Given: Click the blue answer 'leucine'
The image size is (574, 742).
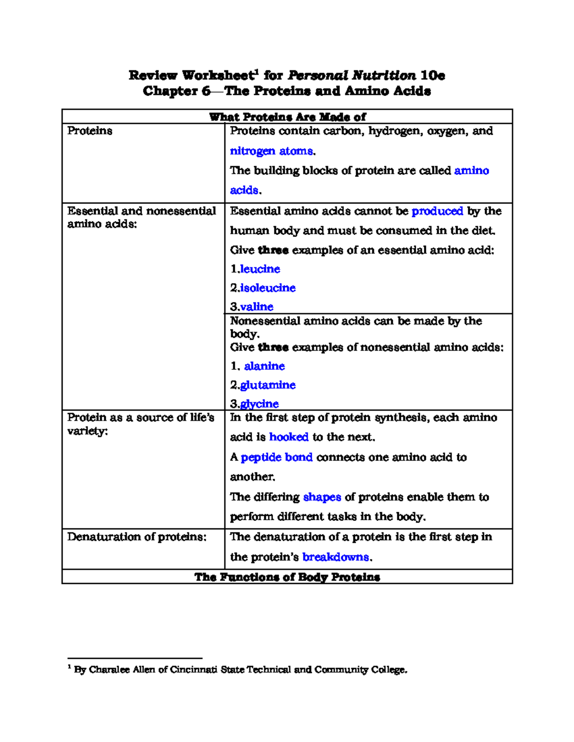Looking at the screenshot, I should coord(260,269).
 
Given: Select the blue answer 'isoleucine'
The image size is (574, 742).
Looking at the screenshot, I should coord(268,288).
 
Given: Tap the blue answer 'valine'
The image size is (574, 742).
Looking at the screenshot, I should coord(256,307).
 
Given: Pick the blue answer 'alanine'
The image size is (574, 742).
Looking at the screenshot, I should coord(264,366).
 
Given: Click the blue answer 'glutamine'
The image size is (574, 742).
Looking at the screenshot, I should coord(268,385).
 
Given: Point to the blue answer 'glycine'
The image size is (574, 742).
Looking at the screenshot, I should coord(259,404).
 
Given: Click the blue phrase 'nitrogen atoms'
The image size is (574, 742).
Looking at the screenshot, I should coord(271,151).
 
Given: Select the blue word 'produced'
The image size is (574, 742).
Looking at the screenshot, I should coord(437,211).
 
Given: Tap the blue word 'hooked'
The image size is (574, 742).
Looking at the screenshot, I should coord(288,437).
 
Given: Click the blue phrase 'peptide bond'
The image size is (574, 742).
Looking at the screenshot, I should coord(276,457).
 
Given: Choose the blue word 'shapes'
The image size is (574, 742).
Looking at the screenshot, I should coord(322,497).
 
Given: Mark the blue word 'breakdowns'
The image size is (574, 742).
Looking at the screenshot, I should coord(336,557).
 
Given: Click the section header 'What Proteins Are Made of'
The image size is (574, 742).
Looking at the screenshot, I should coord(287,117).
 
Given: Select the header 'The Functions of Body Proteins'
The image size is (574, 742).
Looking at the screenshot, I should coord(287,577).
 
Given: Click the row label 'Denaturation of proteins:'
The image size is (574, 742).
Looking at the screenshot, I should coord(137,537).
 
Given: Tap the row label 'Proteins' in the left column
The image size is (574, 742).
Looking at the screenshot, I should coord(90,131).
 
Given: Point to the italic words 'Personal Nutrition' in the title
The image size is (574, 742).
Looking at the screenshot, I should coord(352,75).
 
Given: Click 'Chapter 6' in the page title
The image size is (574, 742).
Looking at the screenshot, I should coord(176,91).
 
